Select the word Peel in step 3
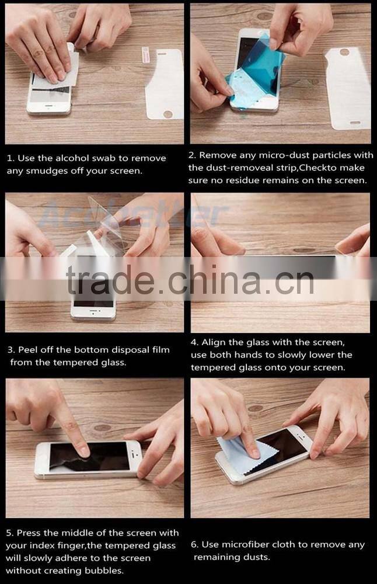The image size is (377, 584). click(x=27, y=350)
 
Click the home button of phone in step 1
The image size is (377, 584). click(x=49, y=106)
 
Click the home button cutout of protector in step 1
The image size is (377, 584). click(x=168, y=114)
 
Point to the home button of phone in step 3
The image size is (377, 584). click(x=93, y=314)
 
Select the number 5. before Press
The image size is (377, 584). click(x=10, y=533)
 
